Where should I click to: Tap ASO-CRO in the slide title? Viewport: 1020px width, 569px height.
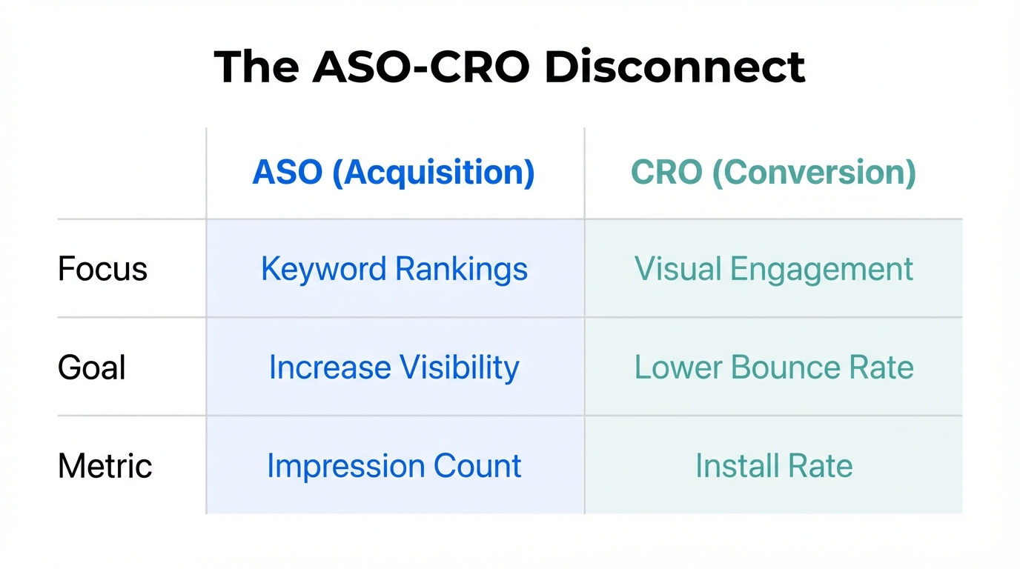[x=420, y=67]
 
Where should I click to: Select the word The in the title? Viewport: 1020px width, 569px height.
[x=256, y=67]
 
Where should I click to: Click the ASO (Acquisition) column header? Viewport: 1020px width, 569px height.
[x=394, y=173]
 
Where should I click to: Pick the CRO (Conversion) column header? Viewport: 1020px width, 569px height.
[x=773, y=173]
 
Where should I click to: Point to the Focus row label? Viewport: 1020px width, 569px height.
[x=102, y=269]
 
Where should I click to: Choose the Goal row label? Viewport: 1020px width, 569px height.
[x=92, y=367]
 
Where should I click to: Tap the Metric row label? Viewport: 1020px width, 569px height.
[x=105, y=466]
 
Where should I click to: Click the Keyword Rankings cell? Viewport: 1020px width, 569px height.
[x=394, y=269]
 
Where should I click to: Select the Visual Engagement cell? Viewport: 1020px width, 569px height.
[x=773, y=269]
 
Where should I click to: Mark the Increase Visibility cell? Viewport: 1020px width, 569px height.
[x=394, y=367]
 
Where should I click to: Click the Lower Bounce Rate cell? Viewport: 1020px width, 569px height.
[x=773, y=367]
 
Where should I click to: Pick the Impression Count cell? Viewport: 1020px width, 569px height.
[x=394, y=466]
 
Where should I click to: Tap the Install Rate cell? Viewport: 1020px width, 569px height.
[x=773, y=466]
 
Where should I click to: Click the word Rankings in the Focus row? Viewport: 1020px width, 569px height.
[x=461, y=269]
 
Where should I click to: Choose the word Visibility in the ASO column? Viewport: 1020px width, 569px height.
[x=460, y=367]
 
